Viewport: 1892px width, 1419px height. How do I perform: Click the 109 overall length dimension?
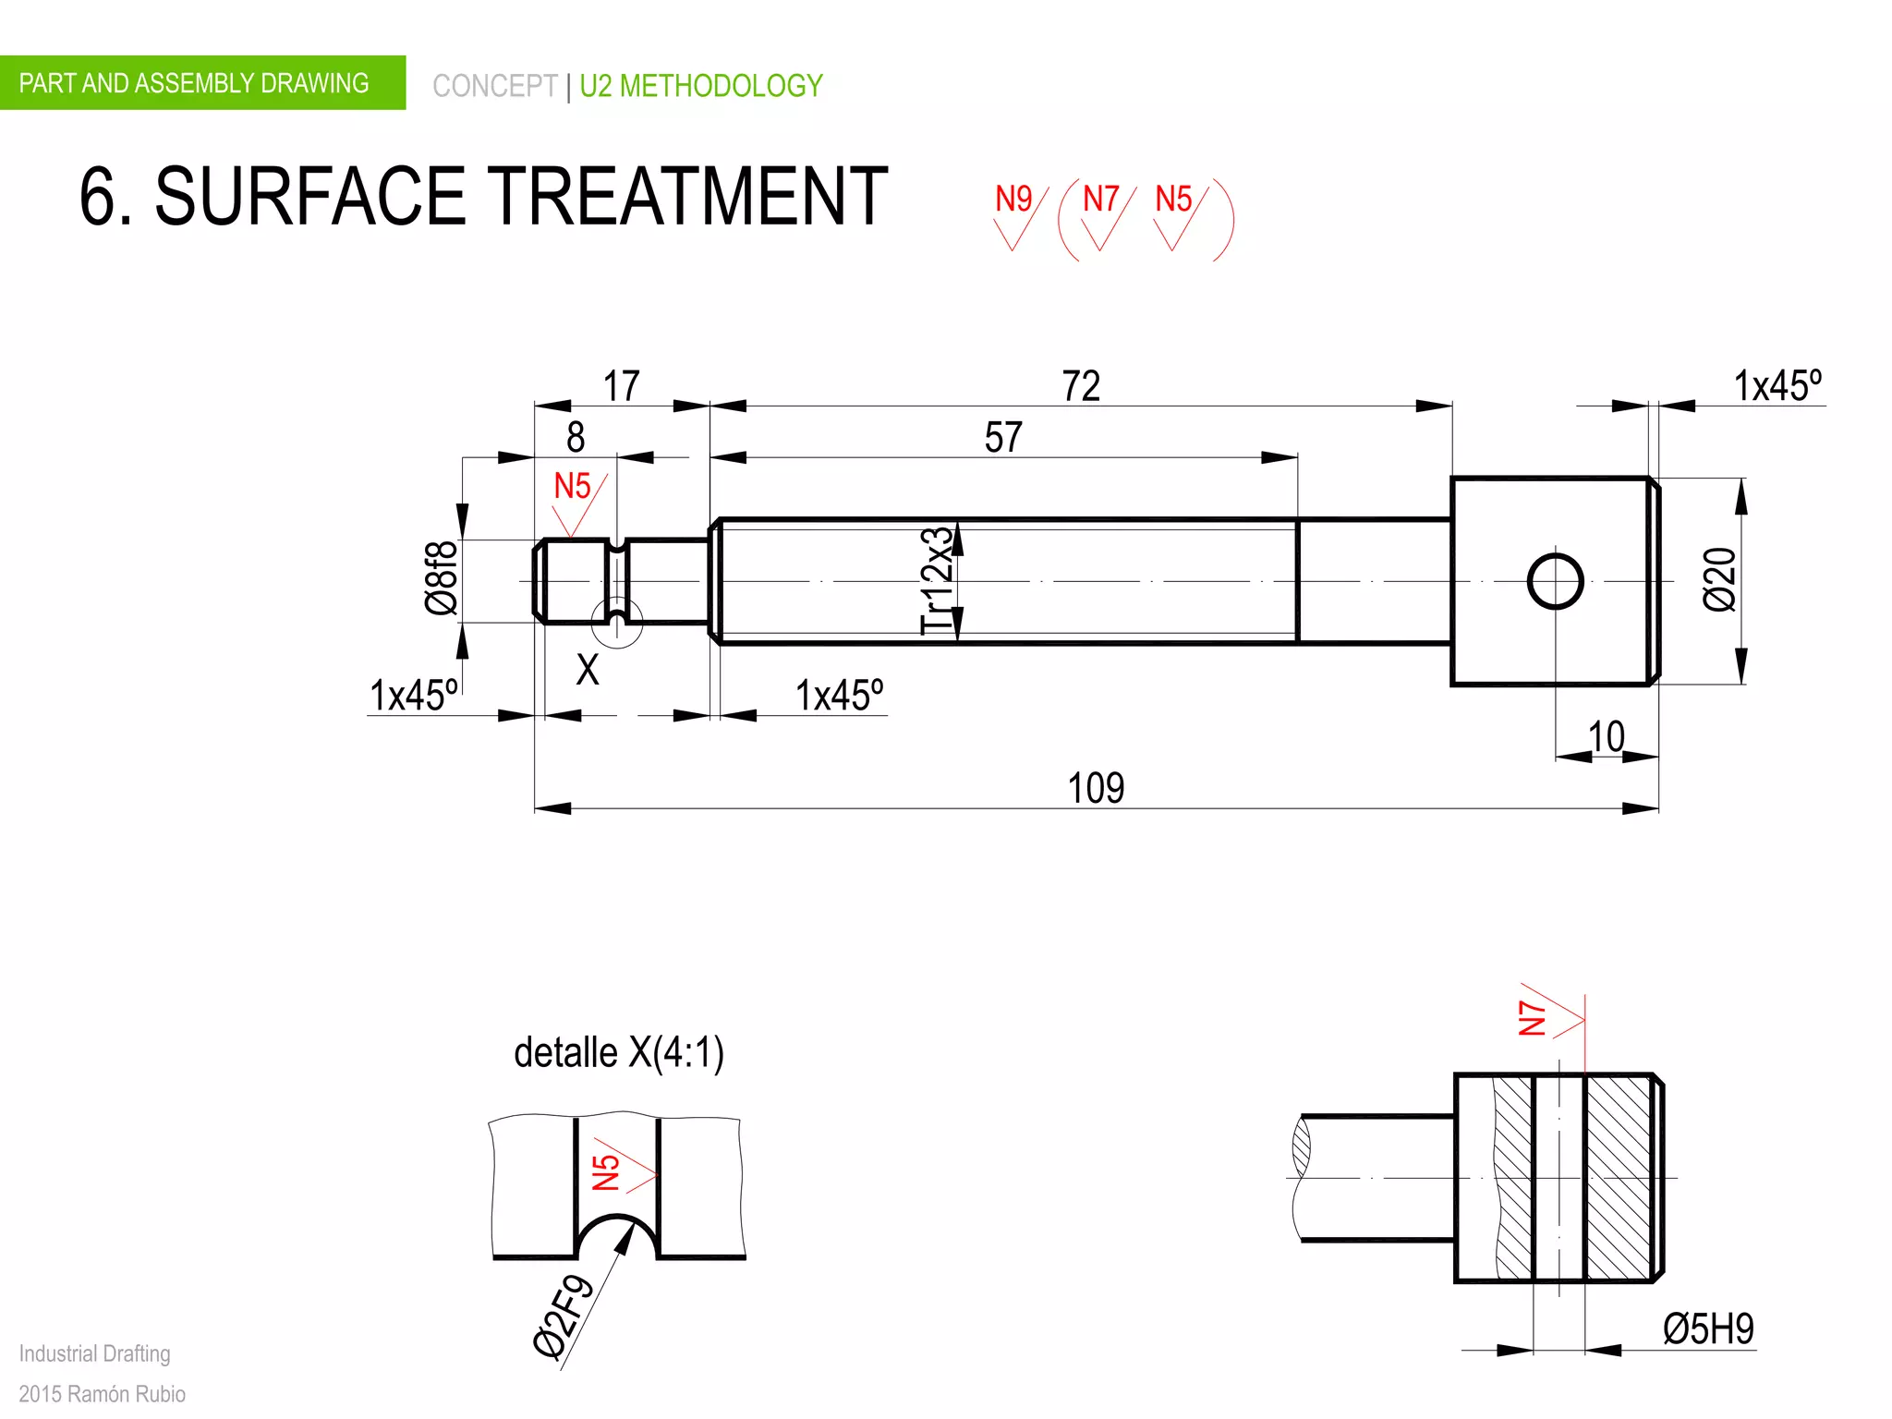point(1096,788)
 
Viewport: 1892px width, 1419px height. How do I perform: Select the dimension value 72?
point(1081,386)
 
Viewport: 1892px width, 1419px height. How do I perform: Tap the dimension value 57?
point(1003,437)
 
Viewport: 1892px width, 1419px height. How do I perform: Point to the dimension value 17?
point(622,386)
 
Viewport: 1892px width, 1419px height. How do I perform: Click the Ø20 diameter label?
point(1719,579)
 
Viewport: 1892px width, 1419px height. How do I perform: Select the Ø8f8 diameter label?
point(441,578)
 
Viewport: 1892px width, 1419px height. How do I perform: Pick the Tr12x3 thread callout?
point(936,581)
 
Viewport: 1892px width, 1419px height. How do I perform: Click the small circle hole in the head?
point(1556,581)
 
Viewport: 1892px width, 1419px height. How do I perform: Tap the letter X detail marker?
point(588,669)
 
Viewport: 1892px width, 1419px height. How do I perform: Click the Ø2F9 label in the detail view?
point(563,1316)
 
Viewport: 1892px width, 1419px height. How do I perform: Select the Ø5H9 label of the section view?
point(1707,1329)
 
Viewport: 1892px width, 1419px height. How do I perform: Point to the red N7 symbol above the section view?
point(1534,1017)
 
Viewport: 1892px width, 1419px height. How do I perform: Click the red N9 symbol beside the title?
point(1013,200)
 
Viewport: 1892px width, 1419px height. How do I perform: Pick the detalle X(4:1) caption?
point(619,1053)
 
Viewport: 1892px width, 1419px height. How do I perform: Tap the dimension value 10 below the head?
point(1606,737)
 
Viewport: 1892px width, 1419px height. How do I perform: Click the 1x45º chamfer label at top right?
point(1777,386)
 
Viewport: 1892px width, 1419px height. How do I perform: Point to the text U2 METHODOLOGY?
point(701,86)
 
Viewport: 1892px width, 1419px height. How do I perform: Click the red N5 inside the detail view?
point(606,1172)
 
